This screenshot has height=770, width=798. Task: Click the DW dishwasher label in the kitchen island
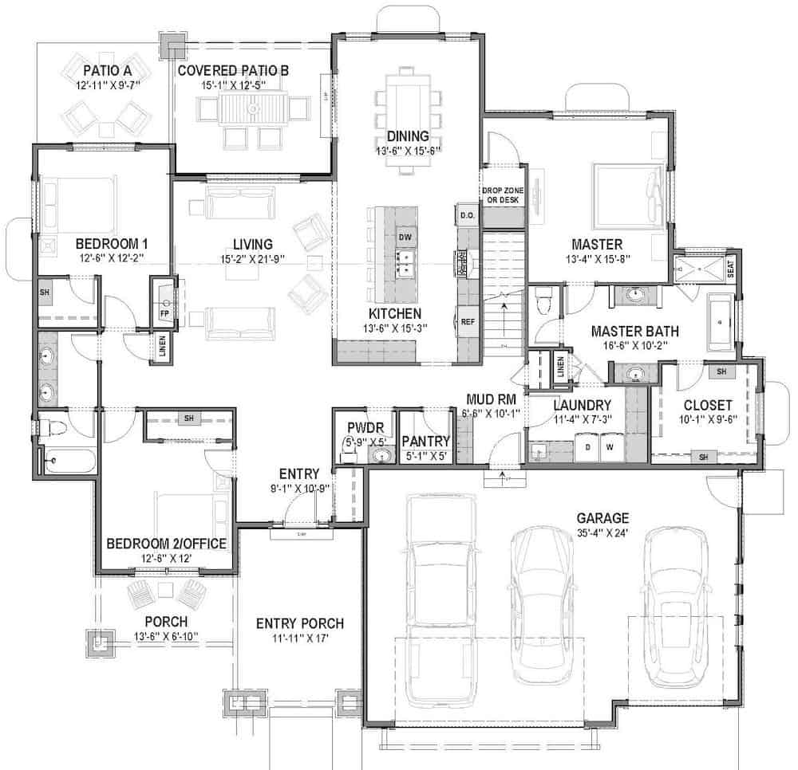tap(405, 238)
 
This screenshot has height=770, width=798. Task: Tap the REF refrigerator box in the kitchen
tap(468, 321)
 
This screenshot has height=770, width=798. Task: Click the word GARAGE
tap(602, 517)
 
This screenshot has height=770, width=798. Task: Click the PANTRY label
tap(426, 442)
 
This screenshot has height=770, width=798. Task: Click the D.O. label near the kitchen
tap(467, 214)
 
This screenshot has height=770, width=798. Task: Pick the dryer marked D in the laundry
tap(588, 446)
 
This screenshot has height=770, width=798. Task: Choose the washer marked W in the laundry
tap(610, 446)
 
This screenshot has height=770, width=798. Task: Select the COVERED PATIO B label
tap(232, 70)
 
